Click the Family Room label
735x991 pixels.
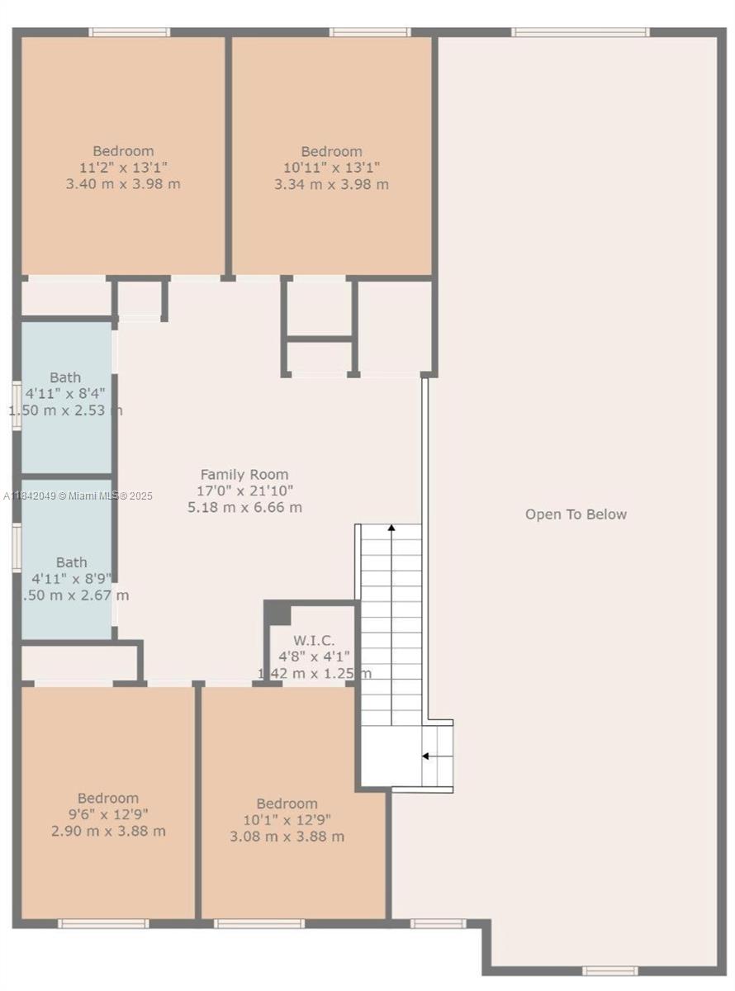(x=244, y=474)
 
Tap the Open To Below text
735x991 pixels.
(x=576, y=514)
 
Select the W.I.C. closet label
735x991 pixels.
(x=315, y=640)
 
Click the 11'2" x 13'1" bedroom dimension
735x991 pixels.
(x=123, y=168)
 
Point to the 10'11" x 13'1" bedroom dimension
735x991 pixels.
(x=331, y=168)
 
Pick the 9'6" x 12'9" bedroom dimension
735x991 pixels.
(x=108, y=814)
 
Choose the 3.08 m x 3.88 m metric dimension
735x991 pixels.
(x=287, y=837)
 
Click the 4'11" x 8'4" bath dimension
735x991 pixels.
(x=65, y=394)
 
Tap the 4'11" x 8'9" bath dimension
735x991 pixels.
(x=71, y=579)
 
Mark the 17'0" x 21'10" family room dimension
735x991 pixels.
(x=244, y=491)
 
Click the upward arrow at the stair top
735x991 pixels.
(x=391, y=526)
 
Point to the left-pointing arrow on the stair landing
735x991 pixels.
(x=426, y=756)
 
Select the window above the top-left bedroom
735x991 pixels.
(x=130, y=32)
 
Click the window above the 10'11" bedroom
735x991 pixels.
(x=370, y=32)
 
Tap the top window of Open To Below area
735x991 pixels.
(x=581, y=32)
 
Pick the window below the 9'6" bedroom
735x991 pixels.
(x=103, y=923)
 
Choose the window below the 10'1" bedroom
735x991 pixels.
(x=259, y=923)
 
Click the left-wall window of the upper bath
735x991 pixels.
(x=17, y=405)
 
